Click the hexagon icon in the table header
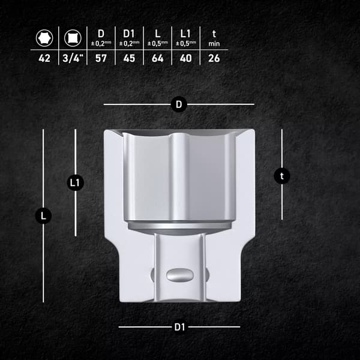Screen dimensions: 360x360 coord(44,38)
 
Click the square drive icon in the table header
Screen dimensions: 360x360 coord(73,38)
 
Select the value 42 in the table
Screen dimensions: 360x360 coord(44,58)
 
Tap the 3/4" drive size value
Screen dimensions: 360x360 coord(73,58)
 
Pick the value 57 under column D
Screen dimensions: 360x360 coord(101,58)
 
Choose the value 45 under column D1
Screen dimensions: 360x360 coord(129,58)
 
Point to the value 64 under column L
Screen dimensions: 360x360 coord(157,58)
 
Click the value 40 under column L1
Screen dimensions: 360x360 coord(186,58)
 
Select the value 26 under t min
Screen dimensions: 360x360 coord(214,58)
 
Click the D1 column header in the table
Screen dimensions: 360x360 coord(128,34)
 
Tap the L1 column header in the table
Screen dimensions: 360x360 coord(185,34)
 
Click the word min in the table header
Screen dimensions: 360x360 coord(214,44)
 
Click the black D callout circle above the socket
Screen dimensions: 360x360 coord(179,104)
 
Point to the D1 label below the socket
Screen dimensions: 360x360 coord(179,327)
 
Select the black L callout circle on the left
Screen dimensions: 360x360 coord(43,216)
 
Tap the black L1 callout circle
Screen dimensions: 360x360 coord(75,183)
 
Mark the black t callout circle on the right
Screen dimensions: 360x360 coord(282,176)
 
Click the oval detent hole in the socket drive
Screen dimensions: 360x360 coord(180,275)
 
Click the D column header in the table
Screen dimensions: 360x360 coord(101,34)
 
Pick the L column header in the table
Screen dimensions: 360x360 coord(157,34)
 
